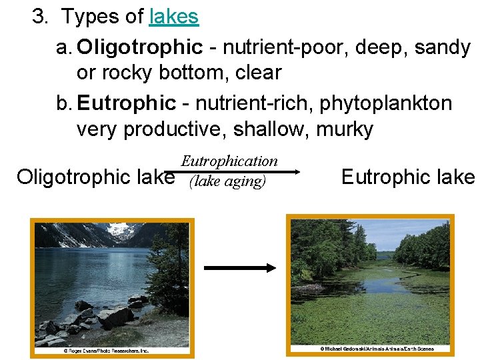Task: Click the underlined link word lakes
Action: [174, 17]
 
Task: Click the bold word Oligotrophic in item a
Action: [139, 47]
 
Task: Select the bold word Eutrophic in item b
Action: [126, 103]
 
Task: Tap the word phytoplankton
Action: [385, 103]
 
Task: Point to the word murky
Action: [345, 128]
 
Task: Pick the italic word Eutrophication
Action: [229, 161]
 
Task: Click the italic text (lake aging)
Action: [227, 181]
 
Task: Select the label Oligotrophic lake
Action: [95, 177]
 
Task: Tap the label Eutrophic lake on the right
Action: [407, 177]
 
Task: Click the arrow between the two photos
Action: [239, 268]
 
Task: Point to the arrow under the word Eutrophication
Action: [240, 171]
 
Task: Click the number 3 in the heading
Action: [39, 17]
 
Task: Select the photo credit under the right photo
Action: [377, 349]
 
